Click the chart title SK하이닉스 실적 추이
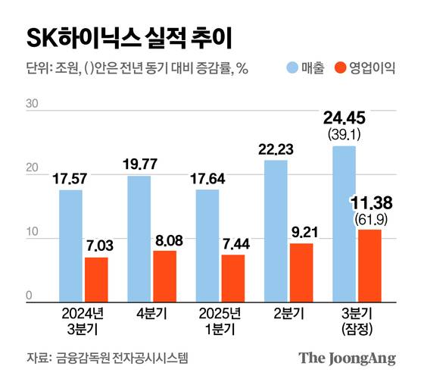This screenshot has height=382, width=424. coord(129,37)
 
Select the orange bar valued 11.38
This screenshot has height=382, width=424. coord(369,265)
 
